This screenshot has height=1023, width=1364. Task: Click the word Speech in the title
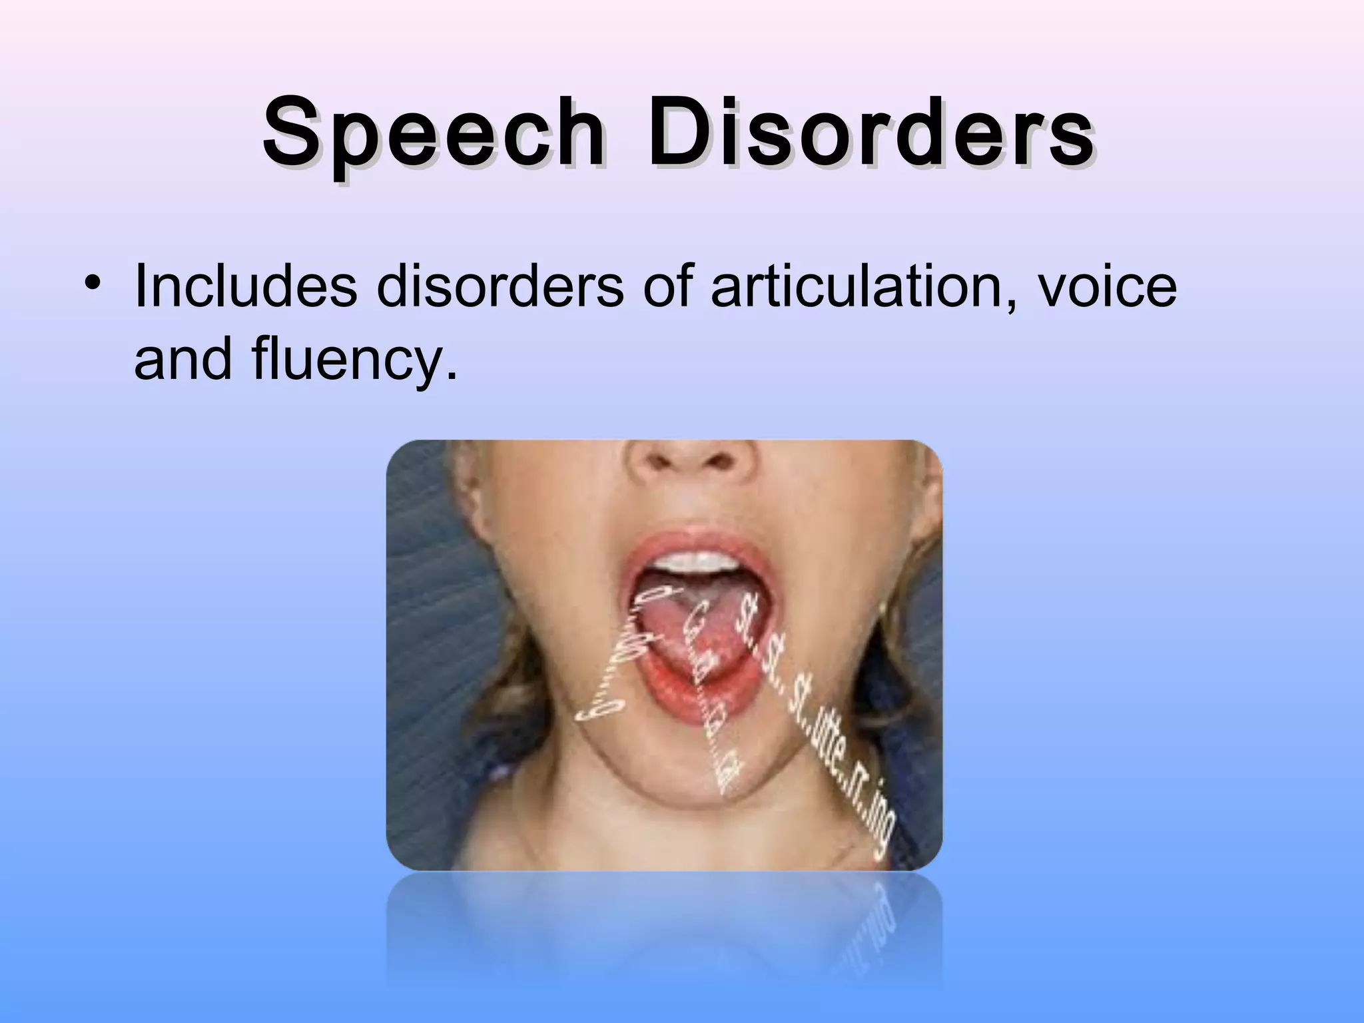433,134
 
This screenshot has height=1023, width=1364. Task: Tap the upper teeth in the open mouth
693,559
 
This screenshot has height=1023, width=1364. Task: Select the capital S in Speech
290,134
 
